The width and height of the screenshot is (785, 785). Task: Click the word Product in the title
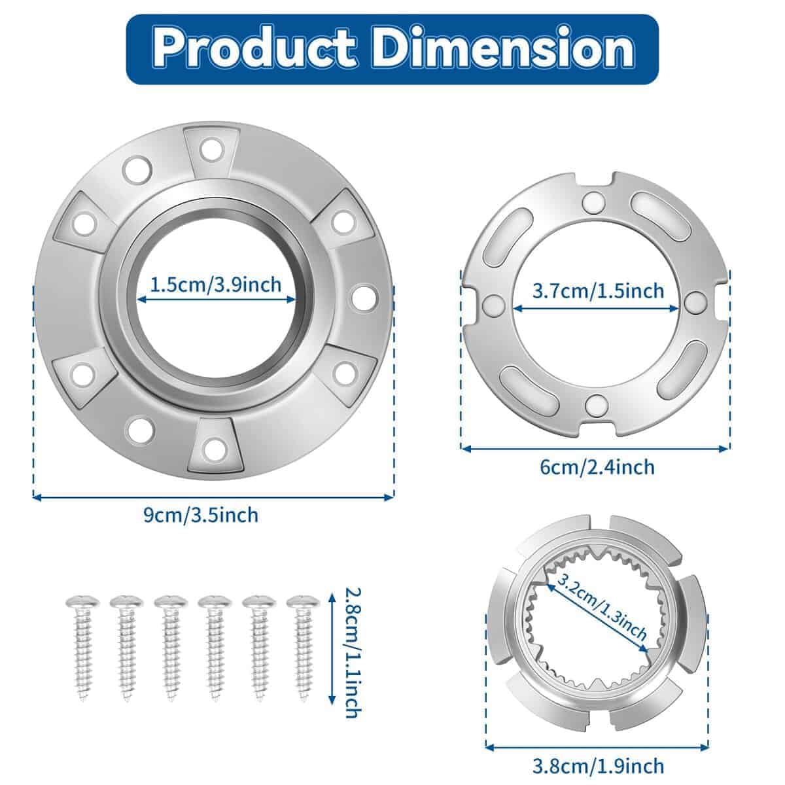[x=254, y=48]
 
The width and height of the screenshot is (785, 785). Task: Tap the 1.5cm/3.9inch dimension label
[x=216, y=285]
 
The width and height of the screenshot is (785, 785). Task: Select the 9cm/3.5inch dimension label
[x=201, y=515]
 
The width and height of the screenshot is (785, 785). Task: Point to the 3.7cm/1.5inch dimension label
[x=598, y=291]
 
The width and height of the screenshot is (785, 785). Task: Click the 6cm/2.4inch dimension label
[x=597, y=467]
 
